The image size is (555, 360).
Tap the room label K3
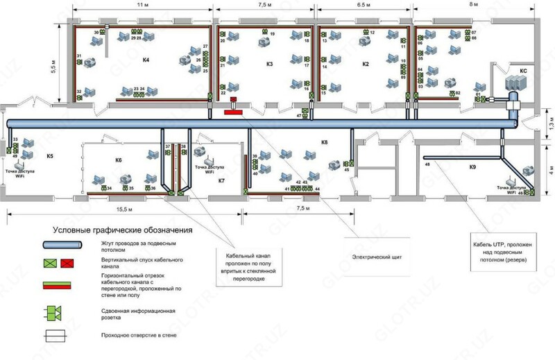(270, 65)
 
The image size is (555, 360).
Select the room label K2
(365, 65)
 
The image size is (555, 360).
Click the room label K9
(472, 167)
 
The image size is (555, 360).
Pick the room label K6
(119, 160)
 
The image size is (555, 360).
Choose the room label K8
(324, 142)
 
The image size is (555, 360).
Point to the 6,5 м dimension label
(363, 4)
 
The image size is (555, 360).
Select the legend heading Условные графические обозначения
(122, 230)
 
